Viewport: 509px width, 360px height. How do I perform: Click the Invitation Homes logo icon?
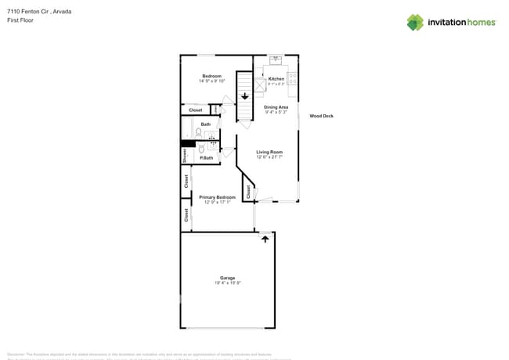pos(415,22)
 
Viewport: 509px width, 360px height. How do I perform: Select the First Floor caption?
pos(20,20)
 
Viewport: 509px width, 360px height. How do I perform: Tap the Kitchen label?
pos(276,79)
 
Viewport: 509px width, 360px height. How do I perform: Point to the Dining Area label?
pos(276,106)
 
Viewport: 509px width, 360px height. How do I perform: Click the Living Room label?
pos(269,152)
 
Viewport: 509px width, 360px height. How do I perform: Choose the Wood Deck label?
pos(321,116)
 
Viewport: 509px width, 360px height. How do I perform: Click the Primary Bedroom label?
pos(217,197)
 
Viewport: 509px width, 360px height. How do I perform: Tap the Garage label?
pos(227,278)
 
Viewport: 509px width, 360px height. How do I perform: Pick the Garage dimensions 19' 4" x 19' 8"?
pos(227,283)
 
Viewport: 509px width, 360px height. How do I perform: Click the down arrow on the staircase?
pos(245,96)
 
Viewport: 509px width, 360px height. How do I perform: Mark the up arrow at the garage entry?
pos(265,239)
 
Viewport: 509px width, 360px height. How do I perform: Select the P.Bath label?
pos(207,158)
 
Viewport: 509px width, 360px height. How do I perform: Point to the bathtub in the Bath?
pos(188,128)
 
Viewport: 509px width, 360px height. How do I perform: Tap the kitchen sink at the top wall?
pos(276,59)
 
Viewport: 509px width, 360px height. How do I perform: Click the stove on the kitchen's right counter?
pos(291,78)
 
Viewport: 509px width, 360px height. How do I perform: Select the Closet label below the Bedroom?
pos(195,110)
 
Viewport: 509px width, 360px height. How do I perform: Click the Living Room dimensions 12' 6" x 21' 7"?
pos(269,157)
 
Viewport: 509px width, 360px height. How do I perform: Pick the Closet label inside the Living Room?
pos(247,190)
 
